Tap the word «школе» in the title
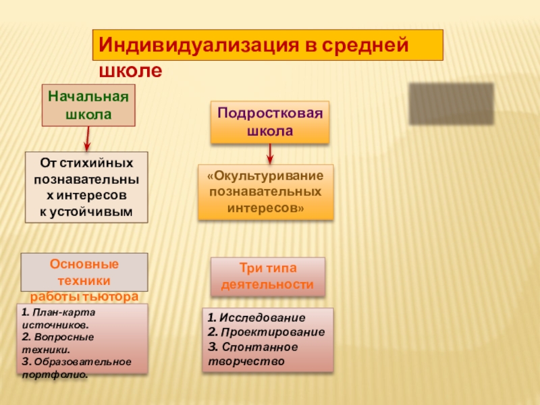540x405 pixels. point(130,70)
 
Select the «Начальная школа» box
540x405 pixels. point(88,105)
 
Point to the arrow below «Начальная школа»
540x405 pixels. point(87,138)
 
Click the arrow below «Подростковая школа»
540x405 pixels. point(270,153)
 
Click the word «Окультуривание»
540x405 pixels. point(265,175)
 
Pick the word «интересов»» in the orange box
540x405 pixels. point(265,209)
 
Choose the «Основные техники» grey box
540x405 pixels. point(84,271)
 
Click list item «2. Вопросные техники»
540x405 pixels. point(57,343)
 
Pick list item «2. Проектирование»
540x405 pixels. point(266,332)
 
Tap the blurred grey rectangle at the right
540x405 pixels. point(451,103)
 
